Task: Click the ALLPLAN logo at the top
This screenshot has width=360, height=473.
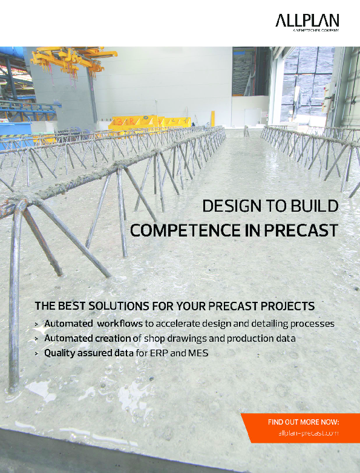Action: coord(307,21)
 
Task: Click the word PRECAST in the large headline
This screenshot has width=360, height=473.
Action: coord(304,230)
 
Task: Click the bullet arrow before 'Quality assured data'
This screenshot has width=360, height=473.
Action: coord(38,353)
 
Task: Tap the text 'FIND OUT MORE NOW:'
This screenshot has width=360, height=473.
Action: coord(303,422)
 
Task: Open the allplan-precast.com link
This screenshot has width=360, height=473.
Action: coord(309,433)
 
